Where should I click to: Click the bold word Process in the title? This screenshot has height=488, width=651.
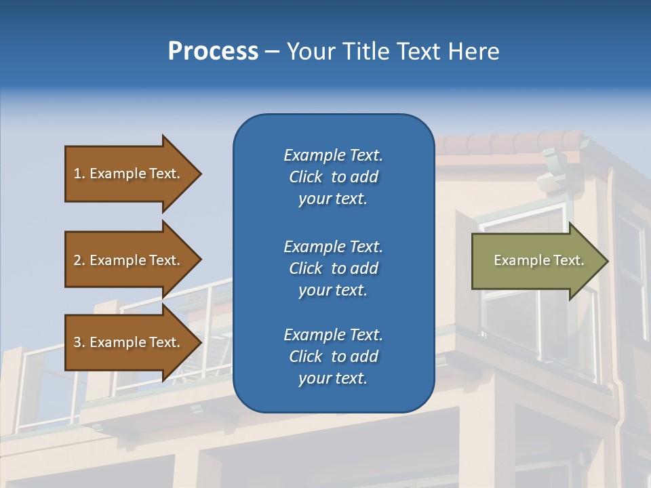pos(213,52)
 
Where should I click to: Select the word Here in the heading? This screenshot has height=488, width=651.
pos(473,52)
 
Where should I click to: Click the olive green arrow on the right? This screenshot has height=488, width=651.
pos(536,261)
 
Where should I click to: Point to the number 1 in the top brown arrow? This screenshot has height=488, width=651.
pos(77,174)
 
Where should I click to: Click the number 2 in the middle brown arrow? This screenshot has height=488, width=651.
pos(77,260)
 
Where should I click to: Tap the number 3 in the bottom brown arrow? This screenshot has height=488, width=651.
pos(77,342)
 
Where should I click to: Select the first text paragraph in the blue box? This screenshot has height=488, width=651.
pos(333,177)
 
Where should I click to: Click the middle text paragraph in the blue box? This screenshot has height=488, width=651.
pos(333,268)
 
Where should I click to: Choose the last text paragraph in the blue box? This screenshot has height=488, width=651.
pos(333,357)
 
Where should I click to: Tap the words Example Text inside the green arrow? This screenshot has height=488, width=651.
pos(538,260)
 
